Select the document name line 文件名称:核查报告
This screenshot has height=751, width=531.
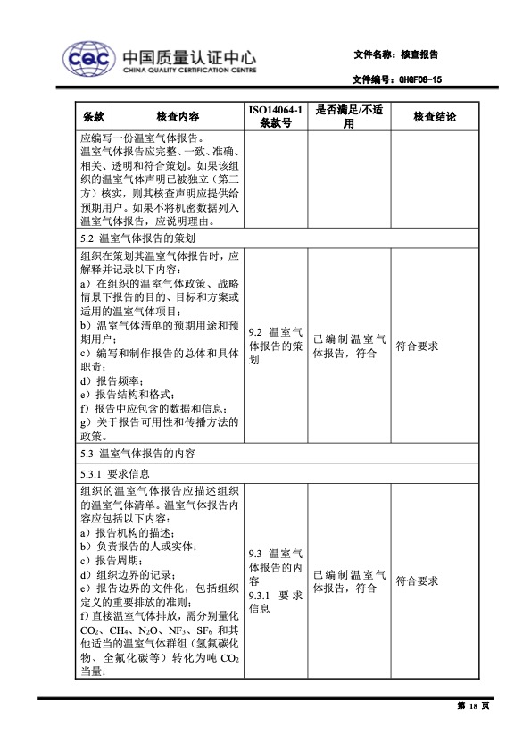[396, 54]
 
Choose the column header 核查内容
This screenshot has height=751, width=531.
[178, 117]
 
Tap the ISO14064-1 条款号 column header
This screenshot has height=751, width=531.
[276, 117]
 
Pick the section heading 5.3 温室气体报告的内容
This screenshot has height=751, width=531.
[135, 454]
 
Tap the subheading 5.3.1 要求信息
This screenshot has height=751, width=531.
[115, 473]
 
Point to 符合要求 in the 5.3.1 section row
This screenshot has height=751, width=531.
[417, 580]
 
